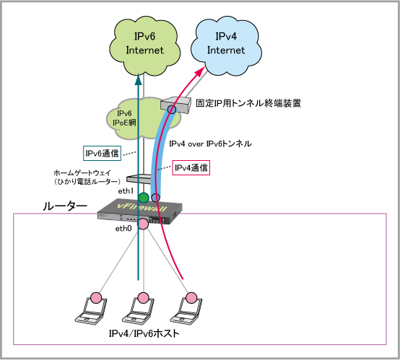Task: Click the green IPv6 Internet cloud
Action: pyautogui.click(x=144, y=46)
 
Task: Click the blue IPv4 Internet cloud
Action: pyautogui.click(x=226, y=46)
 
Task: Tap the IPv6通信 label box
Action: pyautogui.click(x=102, y=153)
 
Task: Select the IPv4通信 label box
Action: pyautogui.click(x=191, y=168)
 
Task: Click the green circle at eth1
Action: pyautogui.click(x=144, y=198)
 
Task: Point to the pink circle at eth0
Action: pyautogui.click(x=143, y=224)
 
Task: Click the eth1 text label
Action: pyautogui.click(x=126, y=191)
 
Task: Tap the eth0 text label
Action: pyautogui.click(x=123, y=229)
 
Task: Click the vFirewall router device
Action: pyautogui.click(x=140, y=211)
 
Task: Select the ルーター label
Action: pyautogui.click(x=65, y=206)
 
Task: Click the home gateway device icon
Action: pyautogui.click(x=139, y=178)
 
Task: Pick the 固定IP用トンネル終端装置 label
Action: pyautogui.click(x=248, y=103)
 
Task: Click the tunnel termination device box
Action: pyautogui.click(x=175, y=105)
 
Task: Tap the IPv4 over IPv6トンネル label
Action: pyautogui.click(x=210, y=144)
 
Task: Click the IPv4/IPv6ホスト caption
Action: pyautogui.click(x=144, y=333)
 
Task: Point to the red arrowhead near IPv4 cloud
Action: pyautogui.click(x=200, y=71)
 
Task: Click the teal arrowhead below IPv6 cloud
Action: pyautogui.click(x=138, y=79)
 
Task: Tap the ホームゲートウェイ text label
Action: pyautogui.click(x=82, y=173)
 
